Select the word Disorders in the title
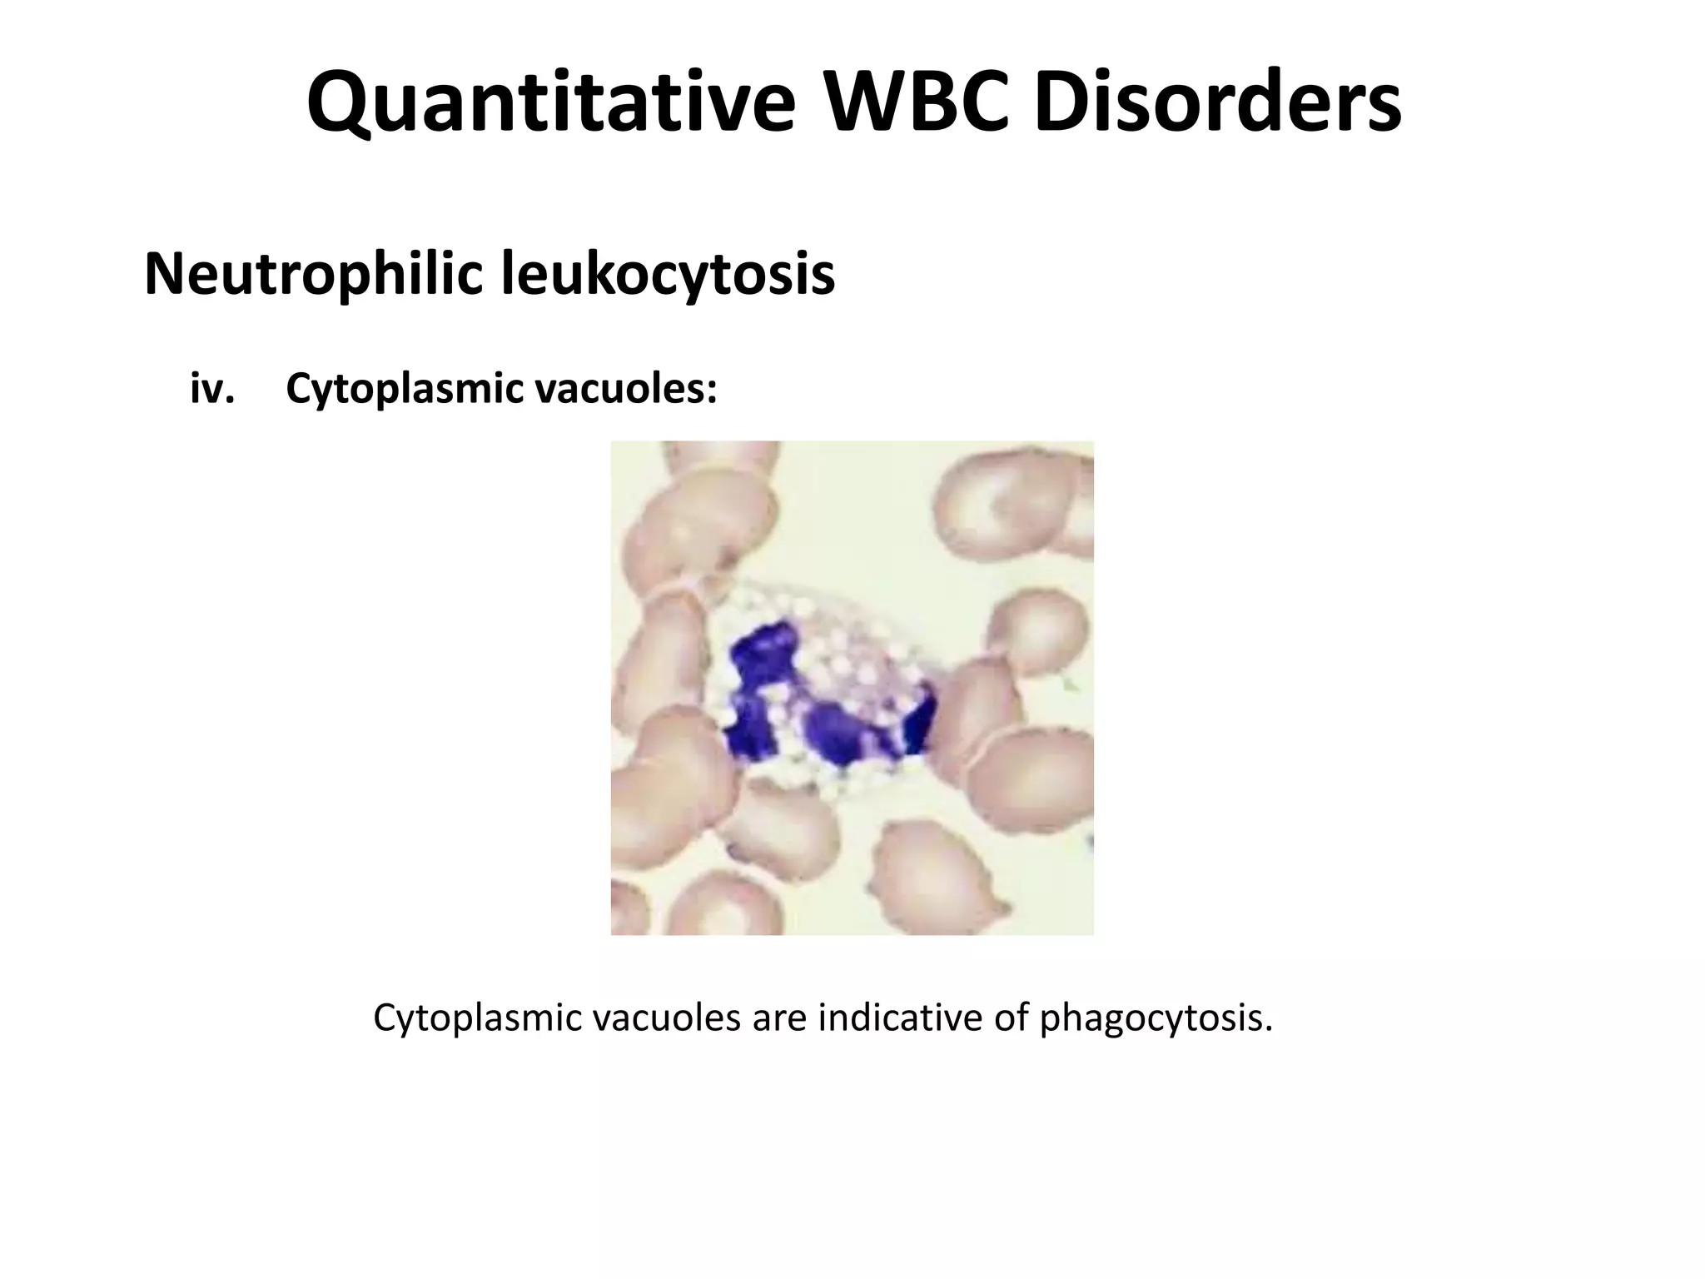coord(1218,104)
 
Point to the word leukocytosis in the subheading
coord(668,274)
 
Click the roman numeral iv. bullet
coord(212,388)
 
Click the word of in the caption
coord(1011,1018)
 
